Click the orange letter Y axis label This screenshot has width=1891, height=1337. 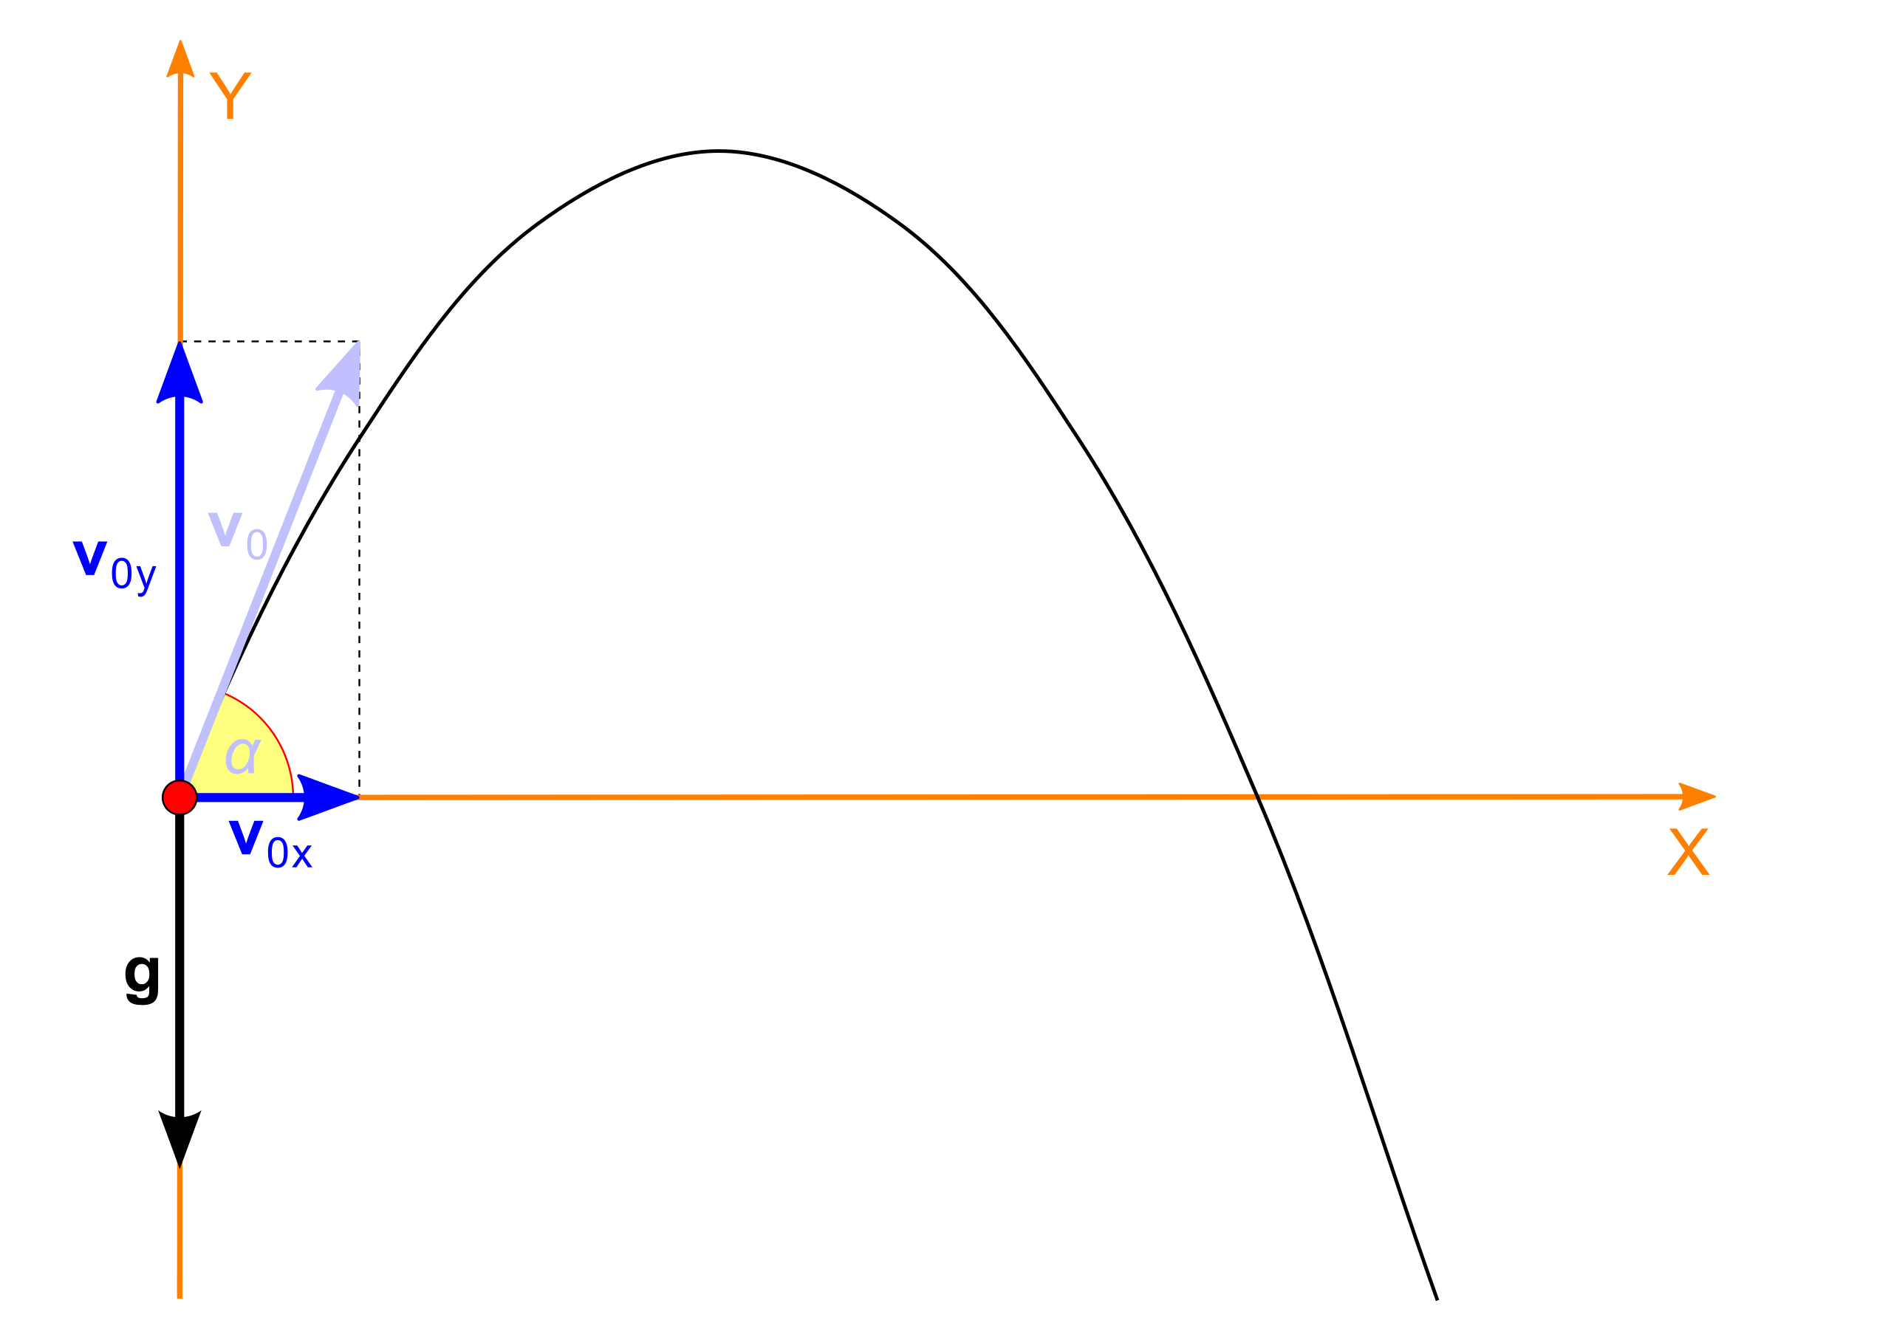[x=230, y=94]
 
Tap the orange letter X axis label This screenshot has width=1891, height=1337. [x=1688, y=852]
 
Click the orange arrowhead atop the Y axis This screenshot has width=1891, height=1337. [x=180, y=60]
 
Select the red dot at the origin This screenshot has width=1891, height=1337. [x=179, y=797]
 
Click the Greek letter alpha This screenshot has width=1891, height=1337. [x=242, y=755]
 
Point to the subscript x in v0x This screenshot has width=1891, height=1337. [x=301, y=856]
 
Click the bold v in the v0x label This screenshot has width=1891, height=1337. [x=245, y=837]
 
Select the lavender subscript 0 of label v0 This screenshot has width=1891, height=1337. [x=256, y=544]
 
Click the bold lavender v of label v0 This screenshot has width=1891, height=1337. [x=225, y=528]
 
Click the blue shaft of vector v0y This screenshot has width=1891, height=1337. [x=179, y=577]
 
